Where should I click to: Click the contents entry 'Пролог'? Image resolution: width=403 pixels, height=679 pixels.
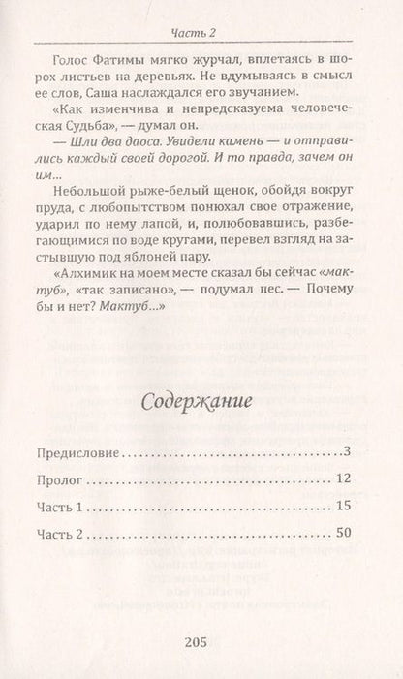[x=59, y=478]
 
